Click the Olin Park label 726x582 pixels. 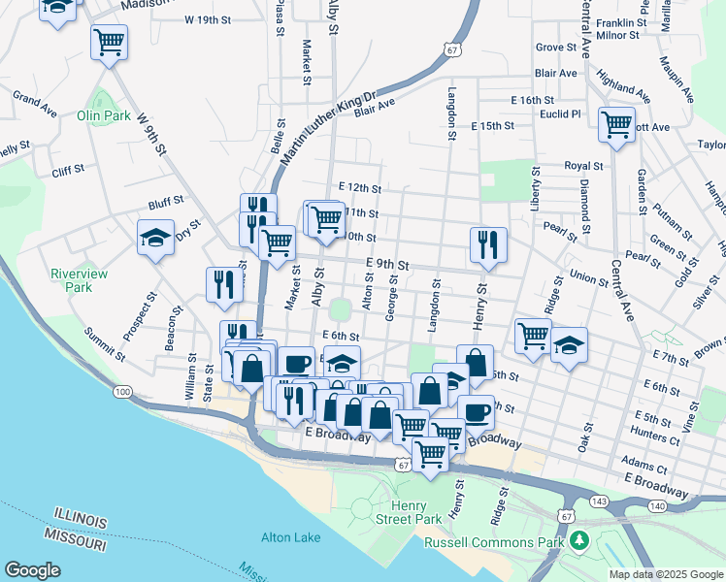click(103, 115)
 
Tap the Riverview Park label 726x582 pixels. click(71, 280)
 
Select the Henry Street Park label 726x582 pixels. click(415, 513)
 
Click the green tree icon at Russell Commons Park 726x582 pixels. click(579, 539)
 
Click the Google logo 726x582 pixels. click(32, 570)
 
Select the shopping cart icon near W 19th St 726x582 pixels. click(110, 42)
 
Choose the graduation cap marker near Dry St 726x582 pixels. click(155, 238)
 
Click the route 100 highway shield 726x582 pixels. click(122, 392)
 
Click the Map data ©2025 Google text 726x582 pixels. click(665, 574)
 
